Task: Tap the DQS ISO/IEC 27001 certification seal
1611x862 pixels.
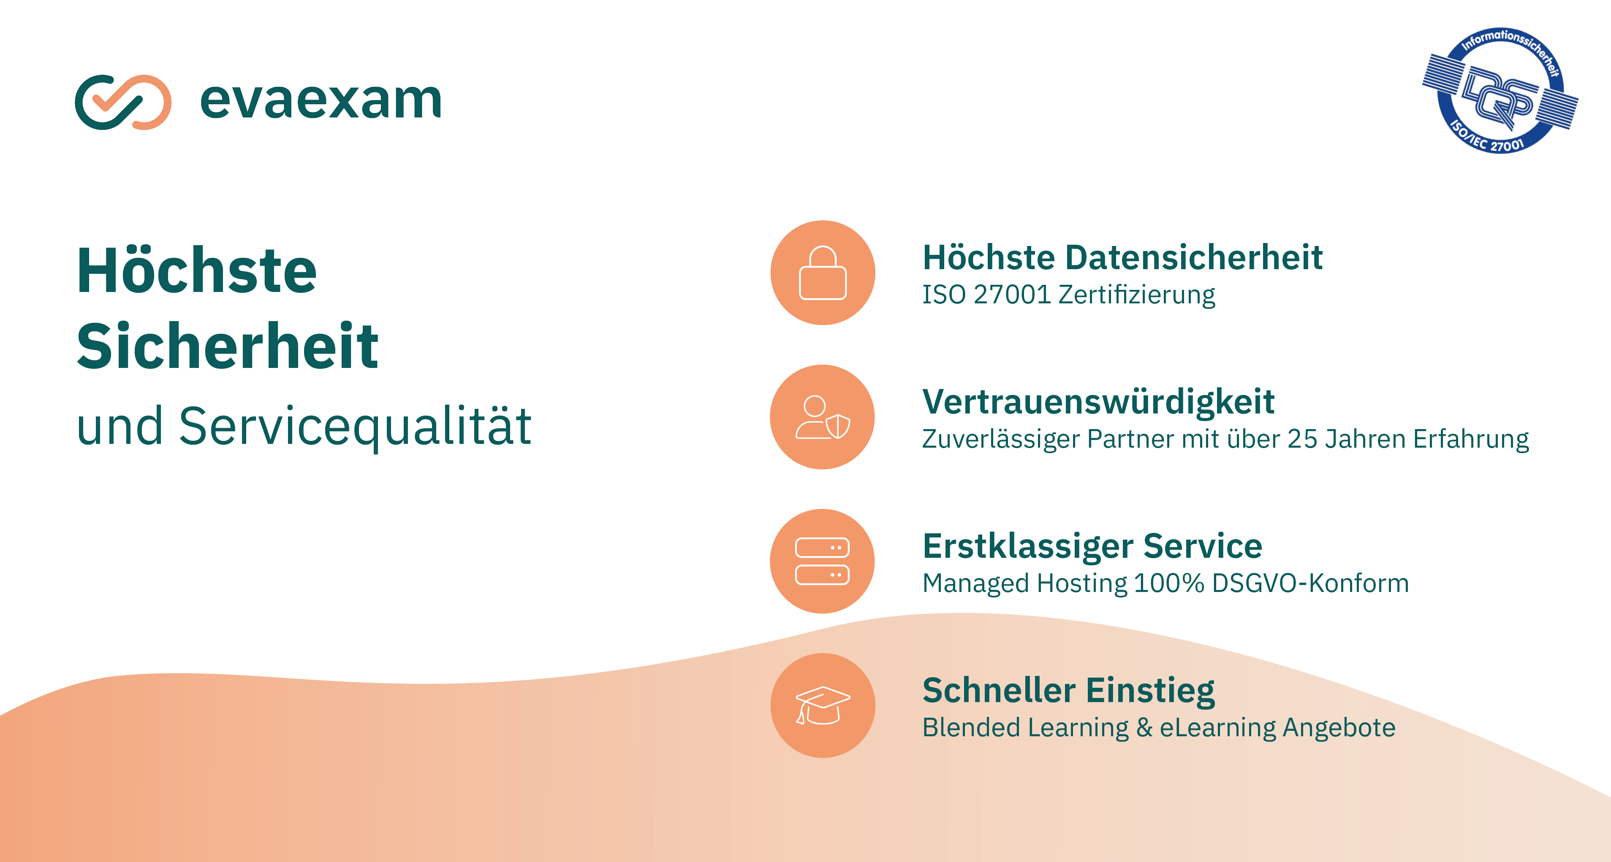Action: pos(1500,91)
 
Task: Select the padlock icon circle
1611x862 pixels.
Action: pos(822,273)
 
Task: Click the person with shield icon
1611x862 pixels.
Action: pos(822,417)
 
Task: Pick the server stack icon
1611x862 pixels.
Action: pos(822,561)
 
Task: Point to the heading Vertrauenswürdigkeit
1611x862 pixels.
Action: pos(1098,402)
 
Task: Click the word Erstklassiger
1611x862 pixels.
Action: pos(1028,547)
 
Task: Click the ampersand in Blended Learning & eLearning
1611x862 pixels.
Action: pos(1144,727)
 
